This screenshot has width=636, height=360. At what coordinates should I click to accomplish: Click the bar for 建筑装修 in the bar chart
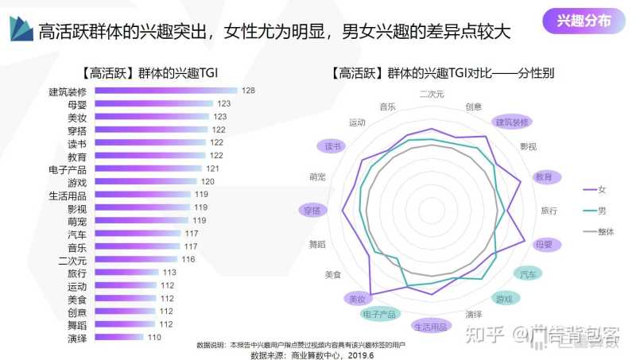tap(165, 91)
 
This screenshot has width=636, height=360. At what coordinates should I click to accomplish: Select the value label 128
tap(248, 91)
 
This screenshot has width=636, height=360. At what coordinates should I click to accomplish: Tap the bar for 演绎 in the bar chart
tap(118, 337)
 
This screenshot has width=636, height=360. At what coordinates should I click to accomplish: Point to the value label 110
tap(154, 337)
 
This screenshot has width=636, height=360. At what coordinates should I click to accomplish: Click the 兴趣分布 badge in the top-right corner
tap(585, 21)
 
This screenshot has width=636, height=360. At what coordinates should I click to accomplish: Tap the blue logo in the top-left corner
tap(21, 29)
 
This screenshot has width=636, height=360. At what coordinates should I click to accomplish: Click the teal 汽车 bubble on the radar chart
tap(527, 274)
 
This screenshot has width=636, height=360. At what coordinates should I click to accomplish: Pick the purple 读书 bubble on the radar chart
tap(333, 146)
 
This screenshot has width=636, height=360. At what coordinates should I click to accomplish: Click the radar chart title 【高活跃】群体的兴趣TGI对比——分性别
tap(444, 72)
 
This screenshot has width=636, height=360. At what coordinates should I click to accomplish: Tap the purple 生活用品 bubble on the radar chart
tap(432, 327)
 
